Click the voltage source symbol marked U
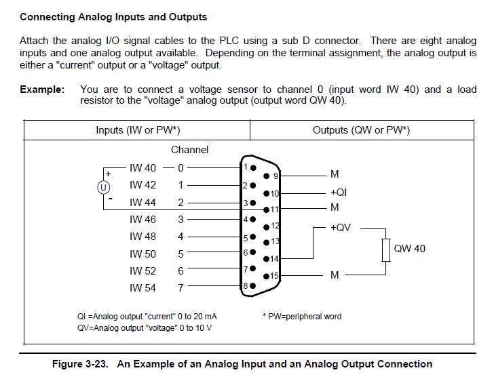(x=103, y=188)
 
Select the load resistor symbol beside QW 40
(x=386, y=250)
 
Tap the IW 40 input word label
(x=142, y=168)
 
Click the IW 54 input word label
(x=142, y=288)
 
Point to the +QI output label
(x=339, y=192)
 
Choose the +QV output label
(x=340, y=227)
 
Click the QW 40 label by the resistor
(x=410, y=249)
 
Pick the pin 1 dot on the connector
(x=253, y=168)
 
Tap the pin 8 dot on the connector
(x=252, y=286)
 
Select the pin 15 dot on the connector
(x=266, y=276)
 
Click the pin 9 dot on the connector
(x=267, y=176)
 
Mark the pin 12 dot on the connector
(x=266, y=226)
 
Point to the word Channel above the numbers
(x=190, y=150)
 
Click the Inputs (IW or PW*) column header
(x=138, y=130)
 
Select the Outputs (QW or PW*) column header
(x=362, y=130)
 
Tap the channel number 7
(x=180, y=288)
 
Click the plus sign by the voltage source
(x=108, y=174)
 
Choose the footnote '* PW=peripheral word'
(x=302, y=317)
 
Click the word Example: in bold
(x=42, y=89)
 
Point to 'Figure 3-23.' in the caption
(x=80, y=364)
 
